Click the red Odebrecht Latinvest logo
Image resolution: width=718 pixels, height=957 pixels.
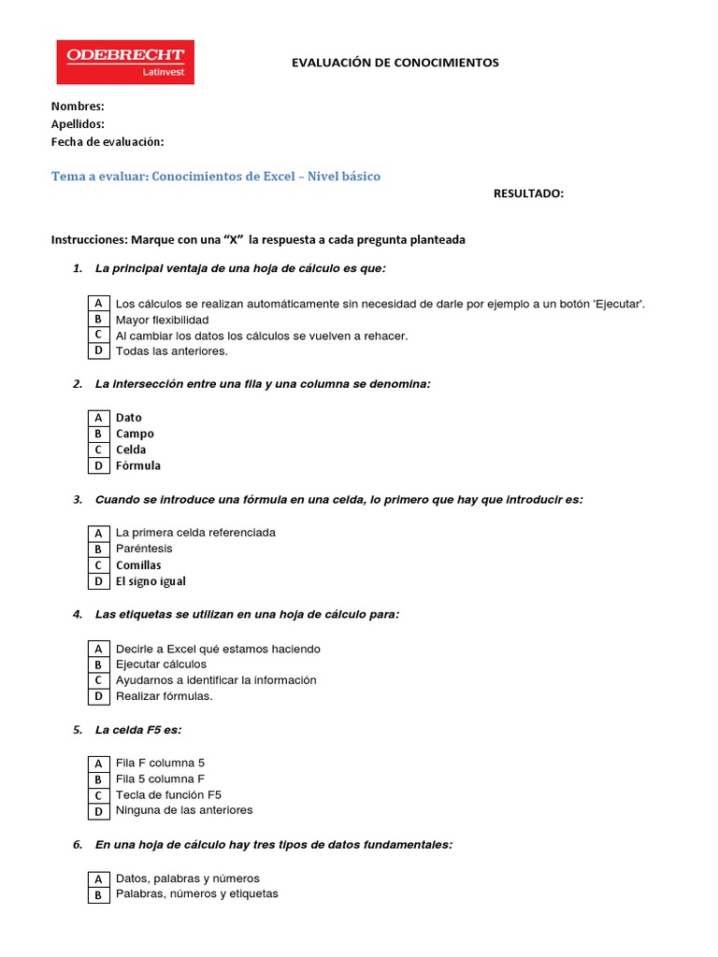[x=125, y=62]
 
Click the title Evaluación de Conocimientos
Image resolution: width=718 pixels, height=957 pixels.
[x=395, y=63]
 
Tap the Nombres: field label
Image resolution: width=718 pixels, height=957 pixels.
[x=78, y=107]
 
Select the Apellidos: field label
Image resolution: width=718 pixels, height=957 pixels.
[x=78, y=124]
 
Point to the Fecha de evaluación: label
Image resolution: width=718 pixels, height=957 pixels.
[x=108, y=141]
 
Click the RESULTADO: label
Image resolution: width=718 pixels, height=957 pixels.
[x=528, y=193]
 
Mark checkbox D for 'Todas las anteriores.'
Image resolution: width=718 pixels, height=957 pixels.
[x=98, y=351]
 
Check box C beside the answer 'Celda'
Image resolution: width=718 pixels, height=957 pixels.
[x=98, y=450]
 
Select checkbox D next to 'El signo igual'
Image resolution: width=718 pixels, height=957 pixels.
[x=98, y=581]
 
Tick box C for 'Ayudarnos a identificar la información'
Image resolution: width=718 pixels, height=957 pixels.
[x=98, y=680]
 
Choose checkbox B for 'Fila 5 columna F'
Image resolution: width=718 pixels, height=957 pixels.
[x=98, y=779]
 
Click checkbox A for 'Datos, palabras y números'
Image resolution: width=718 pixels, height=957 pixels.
[x=98, y=879]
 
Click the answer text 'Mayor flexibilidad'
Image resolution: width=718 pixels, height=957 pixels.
[x=162, y=320]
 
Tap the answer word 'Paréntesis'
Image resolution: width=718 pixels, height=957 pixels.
[x=144, y=549]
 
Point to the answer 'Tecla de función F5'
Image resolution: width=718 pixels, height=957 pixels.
[x=168, y=794]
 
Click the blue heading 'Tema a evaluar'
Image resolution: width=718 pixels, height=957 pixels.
[x=215, y=176]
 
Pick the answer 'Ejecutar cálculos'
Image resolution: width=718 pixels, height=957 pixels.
[x=161, y=664]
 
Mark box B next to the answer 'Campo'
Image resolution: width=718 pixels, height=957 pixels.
[x=98, y=434]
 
